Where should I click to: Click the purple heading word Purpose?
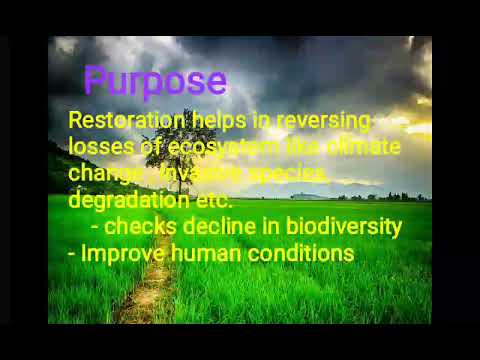coord(155,81)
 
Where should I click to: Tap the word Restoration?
coord(127,121)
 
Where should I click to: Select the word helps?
coord(218,121)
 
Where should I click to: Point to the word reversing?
coord(323,121)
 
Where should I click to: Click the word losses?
coord(97,147)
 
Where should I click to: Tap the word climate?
coord(363,147)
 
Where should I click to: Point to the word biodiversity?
coord(343,227)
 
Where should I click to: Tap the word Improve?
coord(123,253)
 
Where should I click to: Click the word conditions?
coord(301,253)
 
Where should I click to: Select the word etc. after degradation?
coord(210,199)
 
